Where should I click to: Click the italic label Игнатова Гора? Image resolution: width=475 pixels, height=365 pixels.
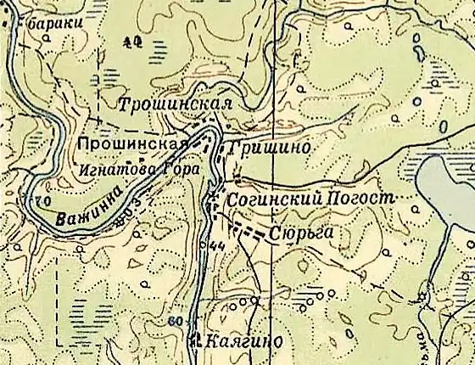click(138, 169)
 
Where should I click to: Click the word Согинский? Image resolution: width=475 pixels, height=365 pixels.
click(273, 198)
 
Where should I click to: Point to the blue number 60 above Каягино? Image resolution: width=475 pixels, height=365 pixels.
click(176, 321)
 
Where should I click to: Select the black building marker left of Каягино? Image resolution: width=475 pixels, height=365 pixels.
click(198, 341)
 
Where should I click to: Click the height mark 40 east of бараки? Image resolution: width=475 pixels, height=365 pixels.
click(130, 40)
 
